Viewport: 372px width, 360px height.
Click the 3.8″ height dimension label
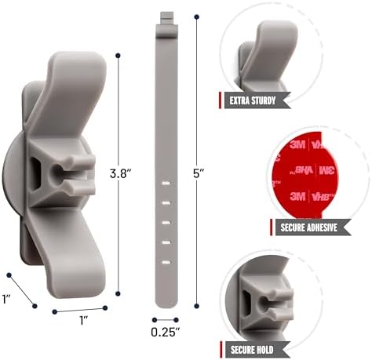(120, 173)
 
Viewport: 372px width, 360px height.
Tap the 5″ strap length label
(199, 173)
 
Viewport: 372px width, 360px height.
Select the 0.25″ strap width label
(166, 332)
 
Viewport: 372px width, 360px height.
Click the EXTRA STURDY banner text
(253, 100)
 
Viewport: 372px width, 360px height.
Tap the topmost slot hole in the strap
(166, 184)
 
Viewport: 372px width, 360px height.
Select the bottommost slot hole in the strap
(166, 262)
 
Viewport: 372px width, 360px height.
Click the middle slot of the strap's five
(166, 223)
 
